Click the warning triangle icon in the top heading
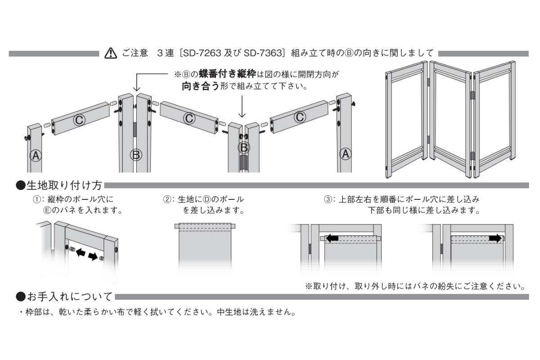coord(110,53)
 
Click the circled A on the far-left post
coord(36,156)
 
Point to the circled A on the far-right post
coord(345,154)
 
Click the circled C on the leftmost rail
coord(79,120)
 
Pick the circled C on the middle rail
coord(189,118)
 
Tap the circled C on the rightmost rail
coord(299,117)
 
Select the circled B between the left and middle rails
coord(135,155)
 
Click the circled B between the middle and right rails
coord(243,147)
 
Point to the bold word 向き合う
coord(201,86)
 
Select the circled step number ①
coord(35,198)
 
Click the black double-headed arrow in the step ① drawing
coord(86,255)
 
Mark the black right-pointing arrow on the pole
coord(495,238)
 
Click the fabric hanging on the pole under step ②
coord(205,252)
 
